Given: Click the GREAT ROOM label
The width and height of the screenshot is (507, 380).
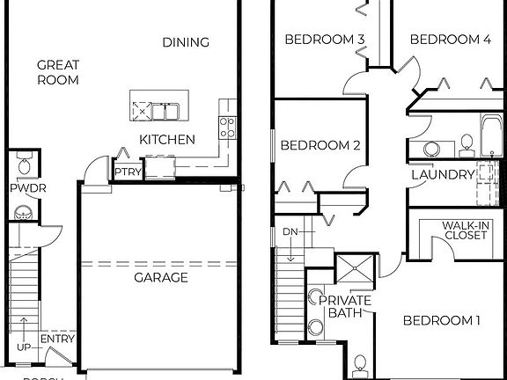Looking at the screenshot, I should coord(58,72).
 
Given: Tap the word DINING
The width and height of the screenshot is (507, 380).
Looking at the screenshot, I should coord(186,42).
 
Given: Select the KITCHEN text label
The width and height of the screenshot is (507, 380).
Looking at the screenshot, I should coord(167,139).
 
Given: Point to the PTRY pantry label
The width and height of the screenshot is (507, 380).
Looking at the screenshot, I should coord(124,172).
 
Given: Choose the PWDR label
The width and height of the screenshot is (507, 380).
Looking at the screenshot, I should coord(22,188).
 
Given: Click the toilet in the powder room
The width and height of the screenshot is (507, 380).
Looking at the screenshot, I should coord(24,164).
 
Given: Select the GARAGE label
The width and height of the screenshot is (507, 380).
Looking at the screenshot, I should coord(160,277).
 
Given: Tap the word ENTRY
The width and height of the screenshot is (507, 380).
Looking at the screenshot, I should coord(58,340).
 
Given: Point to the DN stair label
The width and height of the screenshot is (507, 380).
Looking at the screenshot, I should coord(291,232).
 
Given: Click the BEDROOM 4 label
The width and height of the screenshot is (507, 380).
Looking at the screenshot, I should coord(450,40).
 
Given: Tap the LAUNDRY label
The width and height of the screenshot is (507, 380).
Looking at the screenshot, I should coord(443,174).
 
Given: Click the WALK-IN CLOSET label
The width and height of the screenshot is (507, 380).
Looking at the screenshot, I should coord(467,230).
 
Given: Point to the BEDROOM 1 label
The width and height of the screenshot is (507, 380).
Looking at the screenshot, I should coord(441,321).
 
